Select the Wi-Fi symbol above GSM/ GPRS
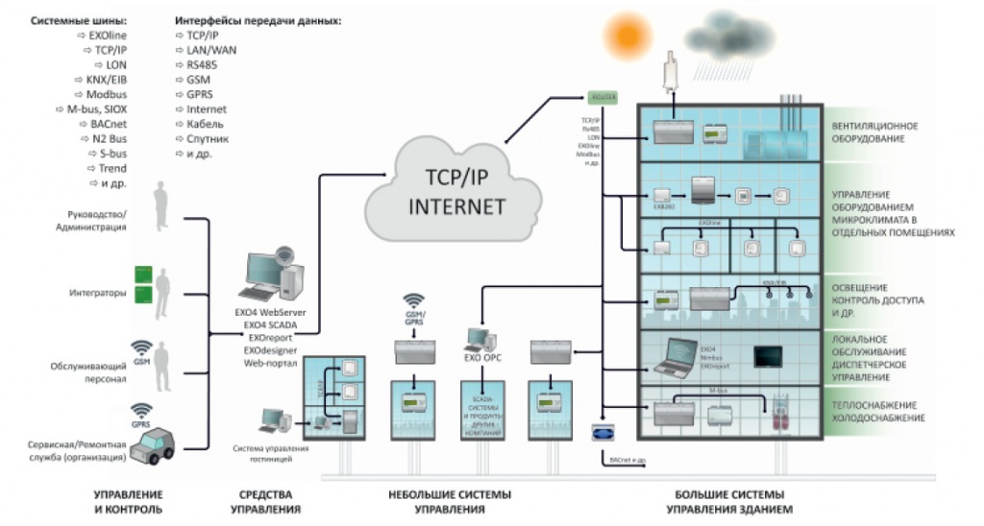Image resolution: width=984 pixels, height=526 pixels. [414, 302]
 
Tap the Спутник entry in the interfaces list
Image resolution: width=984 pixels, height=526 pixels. [198, 139]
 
